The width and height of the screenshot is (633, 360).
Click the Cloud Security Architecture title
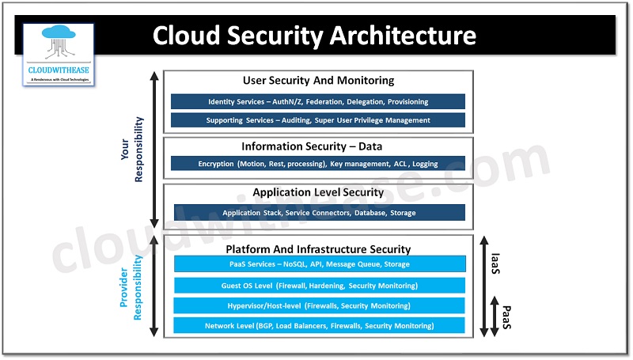(x=314, y=36)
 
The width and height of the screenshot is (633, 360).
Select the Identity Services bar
(x=318, y=102)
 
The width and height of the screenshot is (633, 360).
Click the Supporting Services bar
(x=318, y=120)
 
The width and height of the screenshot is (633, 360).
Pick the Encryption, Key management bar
(x=318, y=164)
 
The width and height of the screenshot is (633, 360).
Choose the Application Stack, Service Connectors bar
(x=319, y=213)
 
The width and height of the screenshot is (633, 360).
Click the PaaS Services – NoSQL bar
(x=319, y=264)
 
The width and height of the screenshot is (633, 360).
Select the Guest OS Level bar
(x=319, y=285)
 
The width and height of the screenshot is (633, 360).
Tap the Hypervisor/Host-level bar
(x=319, y=305)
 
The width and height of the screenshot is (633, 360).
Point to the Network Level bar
(x=319, y=326)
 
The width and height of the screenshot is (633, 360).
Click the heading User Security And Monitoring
(x=318, y=81)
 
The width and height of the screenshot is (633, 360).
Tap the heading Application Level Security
(x=318, y=192)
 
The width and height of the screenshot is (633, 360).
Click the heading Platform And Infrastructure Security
(x=319, y=249)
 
